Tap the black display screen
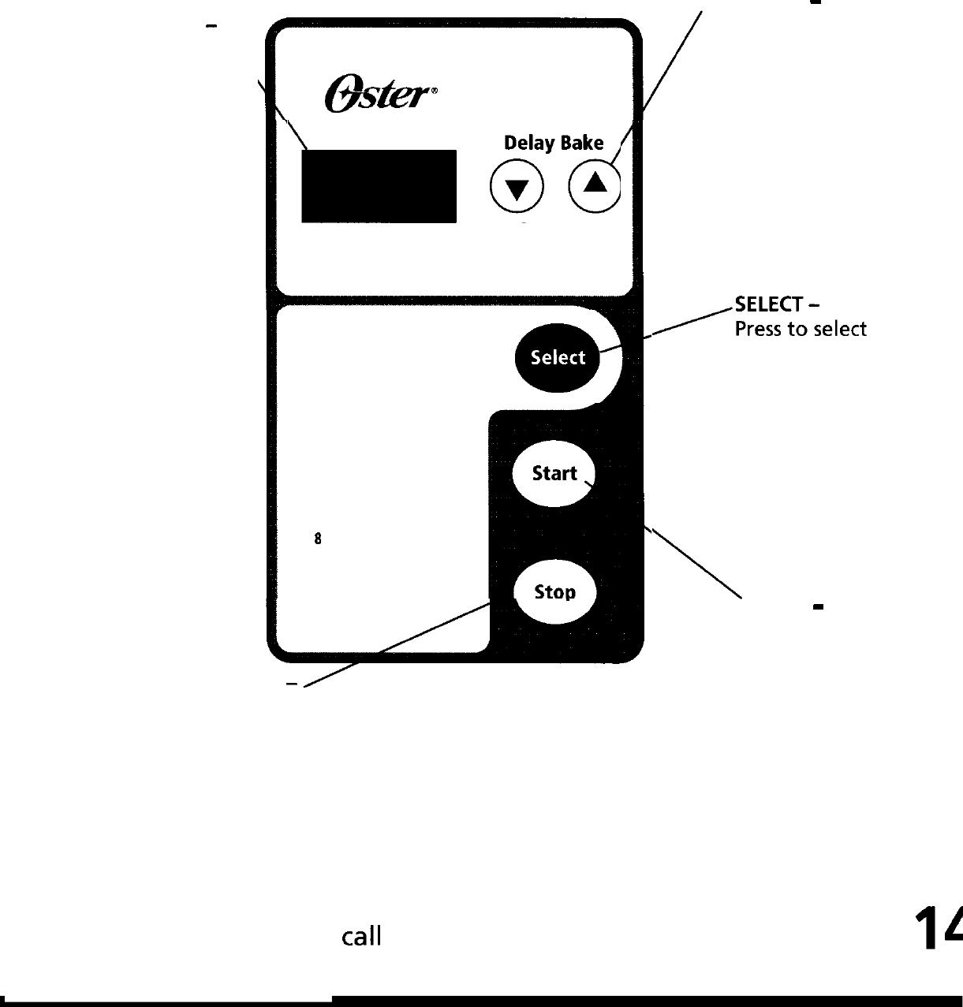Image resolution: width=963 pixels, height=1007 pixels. click(x=379, y=186)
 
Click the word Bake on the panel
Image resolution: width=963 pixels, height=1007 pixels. click(x=582, y=143)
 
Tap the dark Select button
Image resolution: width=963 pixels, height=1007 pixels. click(x=557, y=358)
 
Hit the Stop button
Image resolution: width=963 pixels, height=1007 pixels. click(x=554, y=592)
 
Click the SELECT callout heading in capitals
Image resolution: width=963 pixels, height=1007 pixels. click(x=768, y=304)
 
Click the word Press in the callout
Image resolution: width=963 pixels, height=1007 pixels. click(x=758, y=329)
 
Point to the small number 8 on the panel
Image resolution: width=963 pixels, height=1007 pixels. click(x=318, y=539)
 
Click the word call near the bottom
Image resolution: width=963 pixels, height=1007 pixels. click(x=361, y=937)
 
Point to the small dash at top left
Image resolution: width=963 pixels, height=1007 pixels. click(x=211, y=27)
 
